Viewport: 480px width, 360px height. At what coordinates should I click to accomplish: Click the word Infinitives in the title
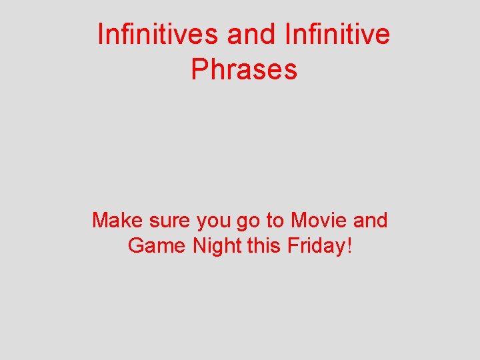click(157, 35)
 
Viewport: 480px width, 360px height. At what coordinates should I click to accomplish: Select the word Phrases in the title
click(244, 69)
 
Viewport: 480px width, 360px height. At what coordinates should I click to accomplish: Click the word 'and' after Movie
click(371, 220)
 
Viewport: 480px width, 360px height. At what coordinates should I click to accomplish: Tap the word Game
click(157, 246)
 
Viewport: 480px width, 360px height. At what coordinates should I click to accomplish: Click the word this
click(265, 246)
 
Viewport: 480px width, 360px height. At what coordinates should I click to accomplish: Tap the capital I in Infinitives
click(101, 35)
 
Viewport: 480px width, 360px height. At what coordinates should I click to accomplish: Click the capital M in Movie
click(303, 220)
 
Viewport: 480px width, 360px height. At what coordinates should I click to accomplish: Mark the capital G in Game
click(137, 246)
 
